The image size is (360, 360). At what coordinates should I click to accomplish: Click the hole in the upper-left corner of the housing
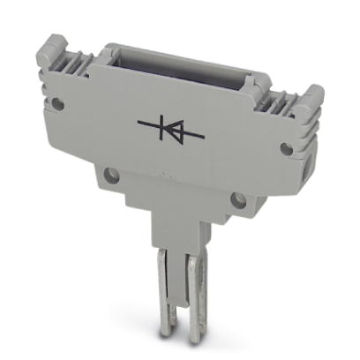(58, 103)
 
